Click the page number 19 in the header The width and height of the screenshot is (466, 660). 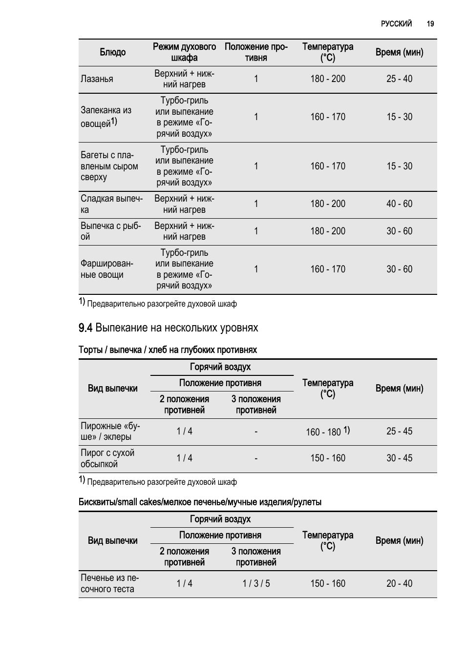430,23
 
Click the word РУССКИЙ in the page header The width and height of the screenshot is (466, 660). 396,23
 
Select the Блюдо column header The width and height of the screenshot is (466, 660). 112,52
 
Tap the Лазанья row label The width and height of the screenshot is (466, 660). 97,79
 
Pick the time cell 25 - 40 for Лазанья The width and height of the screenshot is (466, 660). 399,79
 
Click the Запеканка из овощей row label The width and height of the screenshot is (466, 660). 106,117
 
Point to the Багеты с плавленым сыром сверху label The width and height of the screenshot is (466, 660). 109,166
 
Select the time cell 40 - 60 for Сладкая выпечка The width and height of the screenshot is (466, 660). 399,204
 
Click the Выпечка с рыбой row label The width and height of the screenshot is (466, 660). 110,231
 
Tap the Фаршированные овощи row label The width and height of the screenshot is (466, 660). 107,269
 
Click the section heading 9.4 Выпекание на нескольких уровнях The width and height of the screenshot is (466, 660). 168,328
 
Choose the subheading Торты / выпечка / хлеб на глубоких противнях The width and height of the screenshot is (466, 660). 168,350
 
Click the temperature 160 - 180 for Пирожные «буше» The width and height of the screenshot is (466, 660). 323,432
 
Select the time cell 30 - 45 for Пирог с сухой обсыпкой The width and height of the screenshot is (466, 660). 399,458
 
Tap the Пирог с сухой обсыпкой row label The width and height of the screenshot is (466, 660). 107,458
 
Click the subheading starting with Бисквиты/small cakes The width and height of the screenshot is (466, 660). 200,502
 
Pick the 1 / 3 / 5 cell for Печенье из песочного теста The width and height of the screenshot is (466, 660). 256,584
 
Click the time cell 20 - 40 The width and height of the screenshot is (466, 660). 399,584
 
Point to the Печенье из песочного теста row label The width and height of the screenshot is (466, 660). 109,583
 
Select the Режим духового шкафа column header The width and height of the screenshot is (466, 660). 184,52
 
